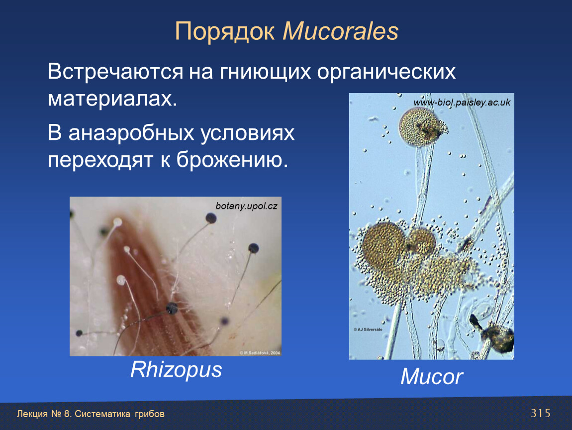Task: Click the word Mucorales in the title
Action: coord(340,31)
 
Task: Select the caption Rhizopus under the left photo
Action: coord(176,370)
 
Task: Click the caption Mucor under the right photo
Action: coord(432,376)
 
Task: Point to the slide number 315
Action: coord(540,413)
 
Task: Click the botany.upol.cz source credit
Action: coord(246,206)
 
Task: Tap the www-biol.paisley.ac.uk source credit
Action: coord(462,103)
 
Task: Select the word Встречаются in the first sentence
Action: coord(115,71)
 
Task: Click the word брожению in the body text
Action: coord(232,160)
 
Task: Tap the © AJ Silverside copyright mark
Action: coord(368,329)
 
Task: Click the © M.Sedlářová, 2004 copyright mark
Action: coord(260,353)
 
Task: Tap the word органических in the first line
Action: coord(386,72)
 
